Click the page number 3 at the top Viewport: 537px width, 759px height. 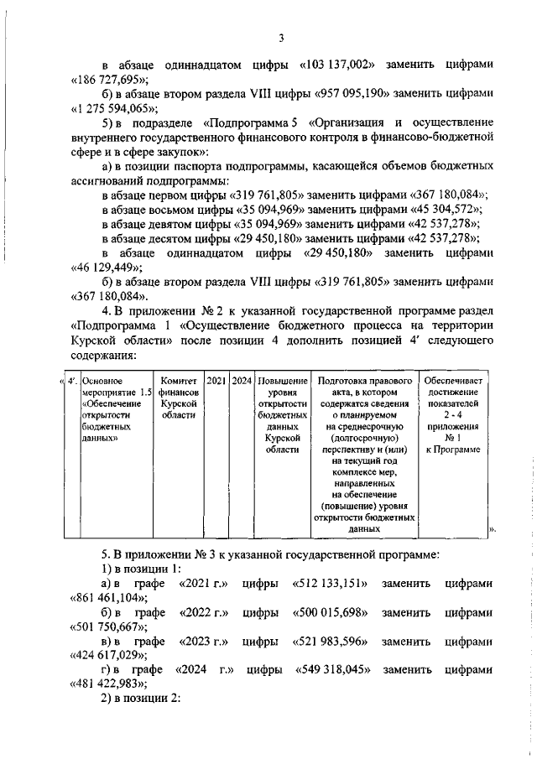click(x=282, y=38)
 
